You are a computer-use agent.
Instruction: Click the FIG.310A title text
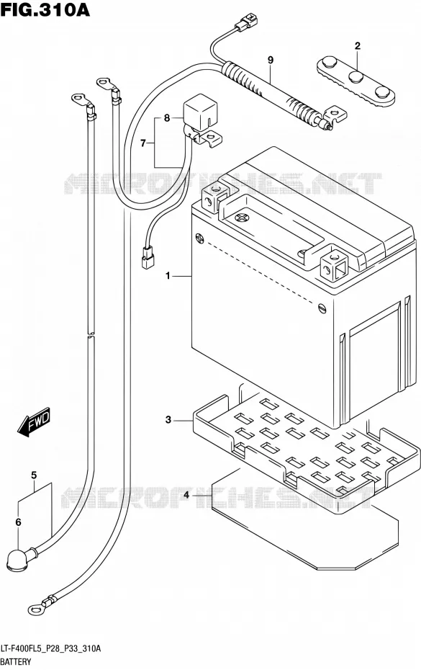[45, 9]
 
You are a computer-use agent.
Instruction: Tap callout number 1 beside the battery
[168, 276]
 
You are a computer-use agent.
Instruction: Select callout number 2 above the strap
[358, 45]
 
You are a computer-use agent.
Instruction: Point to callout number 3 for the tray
[168, 420]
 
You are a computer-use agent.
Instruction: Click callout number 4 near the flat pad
[186, 495]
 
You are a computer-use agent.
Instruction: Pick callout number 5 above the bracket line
[34, 475]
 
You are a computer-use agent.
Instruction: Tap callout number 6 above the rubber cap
[18, 522]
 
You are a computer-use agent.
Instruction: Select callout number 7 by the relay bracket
[143, 143]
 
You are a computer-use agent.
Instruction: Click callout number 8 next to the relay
[167, 117]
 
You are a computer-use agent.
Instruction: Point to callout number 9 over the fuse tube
[271, 61]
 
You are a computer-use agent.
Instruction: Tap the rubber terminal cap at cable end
[18, 559]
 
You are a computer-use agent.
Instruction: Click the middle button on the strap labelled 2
[356, 77]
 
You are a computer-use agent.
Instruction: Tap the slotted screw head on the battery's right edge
[322, 307]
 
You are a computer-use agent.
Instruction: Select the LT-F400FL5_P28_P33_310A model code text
[51, 649]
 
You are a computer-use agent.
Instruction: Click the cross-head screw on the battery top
[243, 218]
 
